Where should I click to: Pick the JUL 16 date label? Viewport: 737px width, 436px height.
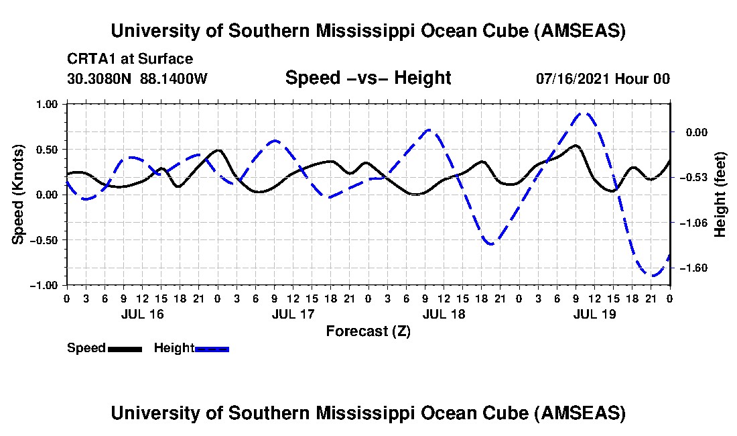pyautogui.click(x=143, y=314)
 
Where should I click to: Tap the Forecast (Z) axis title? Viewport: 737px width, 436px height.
pyautogui.click(x=368, y=331)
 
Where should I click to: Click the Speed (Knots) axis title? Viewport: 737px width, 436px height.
pyautogui.click(x=19, y=194)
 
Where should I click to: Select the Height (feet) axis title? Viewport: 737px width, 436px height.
pyautogui.click(x=720, y=194)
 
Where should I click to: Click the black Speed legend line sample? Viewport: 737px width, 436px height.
pyautogui.click(x=125, y=348)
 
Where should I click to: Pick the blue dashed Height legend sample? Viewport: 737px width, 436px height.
pyautogui.click(x=212, y=348)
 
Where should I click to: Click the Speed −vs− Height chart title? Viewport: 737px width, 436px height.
pyautogui.click(x=368, y=78)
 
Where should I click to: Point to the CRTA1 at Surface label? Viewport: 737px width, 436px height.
pyautogui.click(x=130, y=60)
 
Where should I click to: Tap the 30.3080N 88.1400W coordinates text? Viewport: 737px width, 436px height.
pyautogui.click(x=137, y=78)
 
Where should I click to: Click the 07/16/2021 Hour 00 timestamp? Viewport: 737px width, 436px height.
pyautogui.click(x=603, y=78)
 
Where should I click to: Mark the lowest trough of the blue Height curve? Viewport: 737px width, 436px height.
pyautogui.click(x=652, y=275)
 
